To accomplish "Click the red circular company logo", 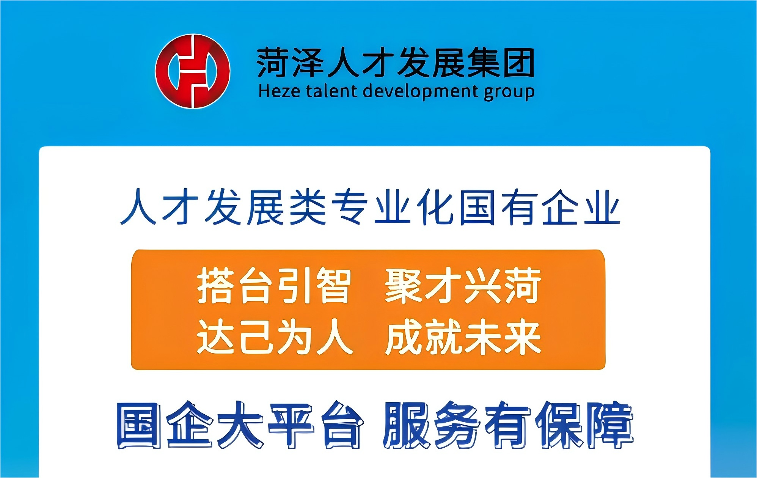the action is [x=193, y=71].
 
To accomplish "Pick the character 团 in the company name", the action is [x=518, y=63].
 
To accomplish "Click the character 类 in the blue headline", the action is [x=308, y=207].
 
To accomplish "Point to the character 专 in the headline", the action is [x=350, y=207].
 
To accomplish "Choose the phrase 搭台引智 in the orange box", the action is [x=273, y=286].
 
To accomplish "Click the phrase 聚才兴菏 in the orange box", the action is [x=463, y=286].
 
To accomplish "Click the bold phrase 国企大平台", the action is [x=239, y=425].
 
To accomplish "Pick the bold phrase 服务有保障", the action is [x=508, y=425].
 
